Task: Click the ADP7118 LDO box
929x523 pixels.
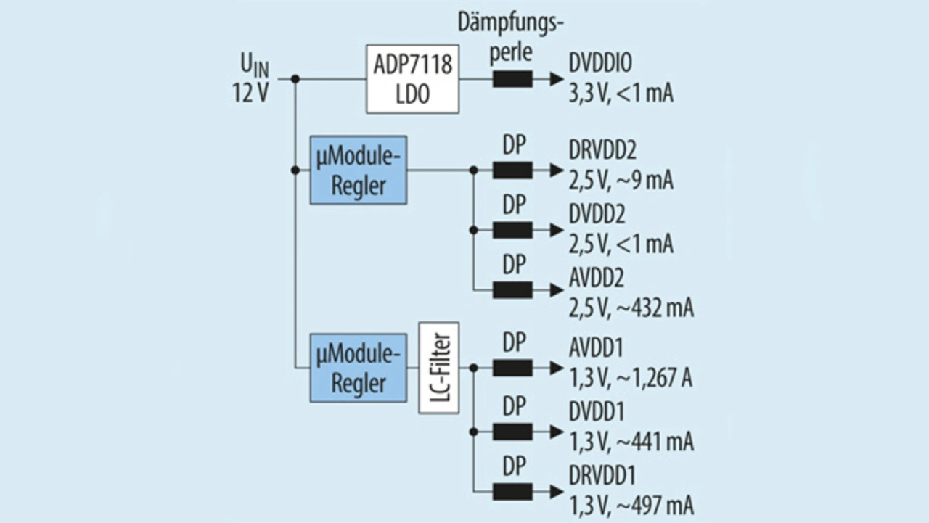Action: pyautogui.click(x=412, y=78)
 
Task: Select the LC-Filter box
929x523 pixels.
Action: pyautogui.click(x=439, y=368)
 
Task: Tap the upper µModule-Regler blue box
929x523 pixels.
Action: pyautogui.click(x=359, y=170)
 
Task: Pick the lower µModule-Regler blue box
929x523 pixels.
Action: pyautogui.click(x=359, y=368)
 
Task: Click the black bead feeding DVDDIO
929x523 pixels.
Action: pyautogui.click(x=512, y=79)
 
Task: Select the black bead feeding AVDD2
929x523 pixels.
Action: pyautogui.click(x=512, y=289)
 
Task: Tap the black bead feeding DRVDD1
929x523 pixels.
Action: pyautogui.click(x=512, y=491)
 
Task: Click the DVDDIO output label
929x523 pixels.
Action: pyautogui.click(x=600, y=65)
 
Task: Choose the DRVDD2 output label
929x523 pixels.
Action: pyautogui.click(x=603, y=151)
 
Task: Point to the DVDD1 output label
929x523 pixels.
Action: pyautogui.click(x=597, y=412)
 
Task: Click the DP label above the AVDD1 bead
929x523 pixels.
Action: pyautogui.click(x=514, y=343)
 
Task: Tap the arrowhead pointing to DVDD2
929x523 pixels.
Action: pyautogui.click(x=556, y=230)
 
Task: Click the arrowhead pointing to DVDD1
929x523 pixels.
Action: pyautogui.click(x=556, y=432)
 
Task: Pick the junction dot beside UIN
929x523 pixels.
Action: pyautogui.click(x=295, y=79)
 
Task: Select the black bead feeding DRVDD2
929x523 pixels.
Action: pyautogui.click(x=512, y=170)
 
